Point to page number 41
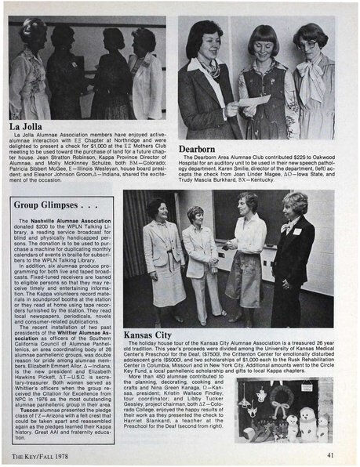pos(330,454)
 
